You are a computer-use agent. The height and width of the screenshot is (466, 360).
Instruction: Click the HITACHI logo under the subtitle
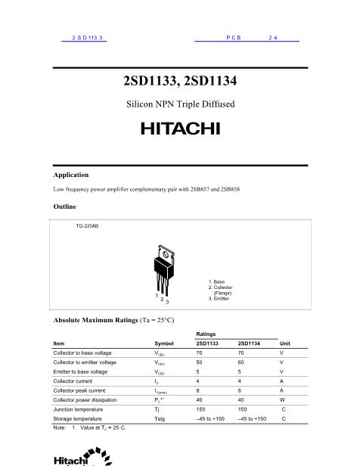click(180, 129)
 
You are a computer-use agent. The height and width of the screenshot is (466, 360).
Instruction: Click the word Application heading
click(71, 175)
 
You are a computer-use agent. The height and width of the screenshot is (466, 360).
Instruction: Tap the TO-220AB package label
click(87, 226)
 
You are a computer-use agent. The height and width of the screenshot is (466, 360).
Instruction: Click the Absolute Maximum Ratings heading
click(113, 321)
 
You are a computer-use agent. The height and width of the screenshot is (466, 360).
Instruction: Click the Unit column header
click(284, 343)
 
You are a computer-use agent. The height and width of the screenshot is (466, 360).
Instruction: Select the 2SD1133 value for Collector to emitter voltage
click(199, 362)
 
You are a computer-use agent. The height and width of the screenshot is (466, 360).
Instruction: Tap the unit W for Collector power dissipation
click(282, 399)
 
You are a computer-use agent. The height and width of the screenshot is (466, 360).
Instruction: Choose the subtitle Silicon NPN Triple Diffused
click(180, 103)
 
